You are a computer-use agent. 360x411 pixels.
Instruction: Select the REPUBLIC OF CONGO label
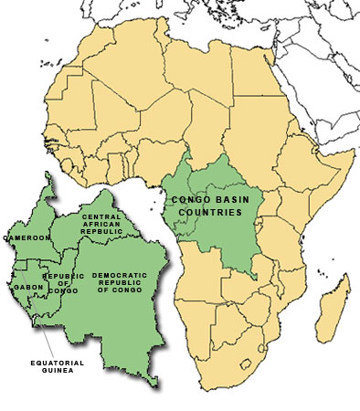(x=63, y=284)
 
